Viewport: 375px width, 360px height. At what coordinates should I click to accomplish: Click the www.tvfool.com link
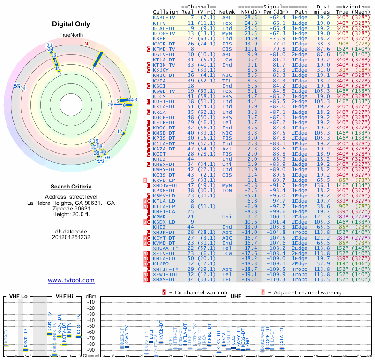coord(71,280)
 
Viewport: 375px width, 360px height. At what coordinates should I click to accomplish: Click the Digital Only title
coord(71,24)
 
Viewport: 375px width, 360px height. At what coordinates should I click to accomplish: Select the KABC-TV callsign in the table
coord(164,17)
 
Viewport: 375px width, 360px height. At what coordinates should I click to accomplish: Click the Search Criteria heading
coord(71,187)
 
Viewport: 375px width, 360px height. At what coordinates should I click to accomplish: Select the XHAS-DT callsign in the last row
coord(164,279)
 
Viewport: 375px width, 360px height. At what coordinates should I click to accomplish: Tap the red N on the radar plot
coord(86,44)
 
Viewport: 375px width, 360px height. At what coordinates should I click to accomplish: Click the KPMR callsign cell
coord(160,217)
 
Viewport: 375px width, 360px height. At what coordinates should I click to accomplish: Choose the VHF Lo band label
coord(18,296)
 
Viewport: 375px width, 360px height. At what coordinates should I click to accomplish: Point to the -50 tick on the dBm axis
coord(90,326)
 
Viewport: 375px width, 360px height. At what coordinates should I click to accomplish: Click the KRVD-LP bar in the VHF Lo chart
coord(26,350)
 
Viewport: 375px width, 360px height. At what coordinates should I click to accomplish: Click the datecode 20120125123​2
coord(71,237)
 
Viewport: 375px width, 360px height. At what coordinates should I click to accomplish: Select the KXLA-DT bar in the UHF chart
coord(282,348)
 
